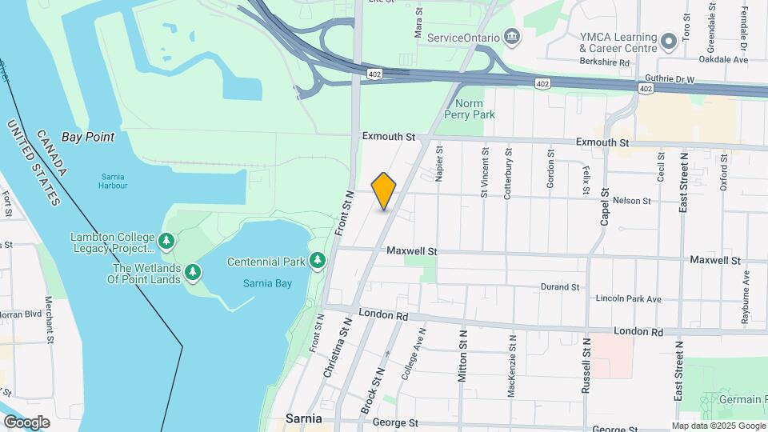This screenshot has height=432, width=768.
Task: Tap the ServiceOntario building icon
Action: point(512,38)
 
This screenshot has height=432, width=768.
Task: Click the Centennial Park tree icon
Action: point(318,261)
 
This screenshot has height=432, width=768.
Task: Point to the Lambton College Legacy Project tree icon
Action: point(166,240)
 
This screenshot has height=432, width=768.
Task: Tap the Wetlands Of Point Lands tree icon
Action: point(193,273)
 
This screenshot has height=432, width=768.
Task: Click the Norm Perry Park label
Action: point(474,109)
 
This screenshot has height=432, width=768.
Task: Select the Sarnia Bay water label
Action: point(267,283)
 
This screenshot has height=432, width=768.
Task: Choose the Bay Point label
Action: point(88,137)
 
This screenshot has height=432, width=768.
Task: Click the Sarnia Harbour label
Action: point(114,181)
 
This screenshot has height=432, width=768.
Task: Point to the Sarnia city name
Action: point(304,418)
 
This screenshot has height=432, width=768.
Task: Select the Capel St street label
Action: point(605,207)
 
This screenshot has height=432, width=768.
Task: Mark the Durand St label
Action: point(559,286)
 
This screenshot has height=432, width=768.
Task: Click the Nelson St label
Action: point(631,201)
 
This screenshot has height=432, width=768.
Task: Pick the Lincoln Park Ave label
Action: point(628,299)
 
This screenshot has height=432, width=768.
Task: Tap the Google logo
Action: point(26,422)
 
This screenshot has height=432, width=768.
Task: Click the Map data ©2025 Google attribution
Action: point(718,426)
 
